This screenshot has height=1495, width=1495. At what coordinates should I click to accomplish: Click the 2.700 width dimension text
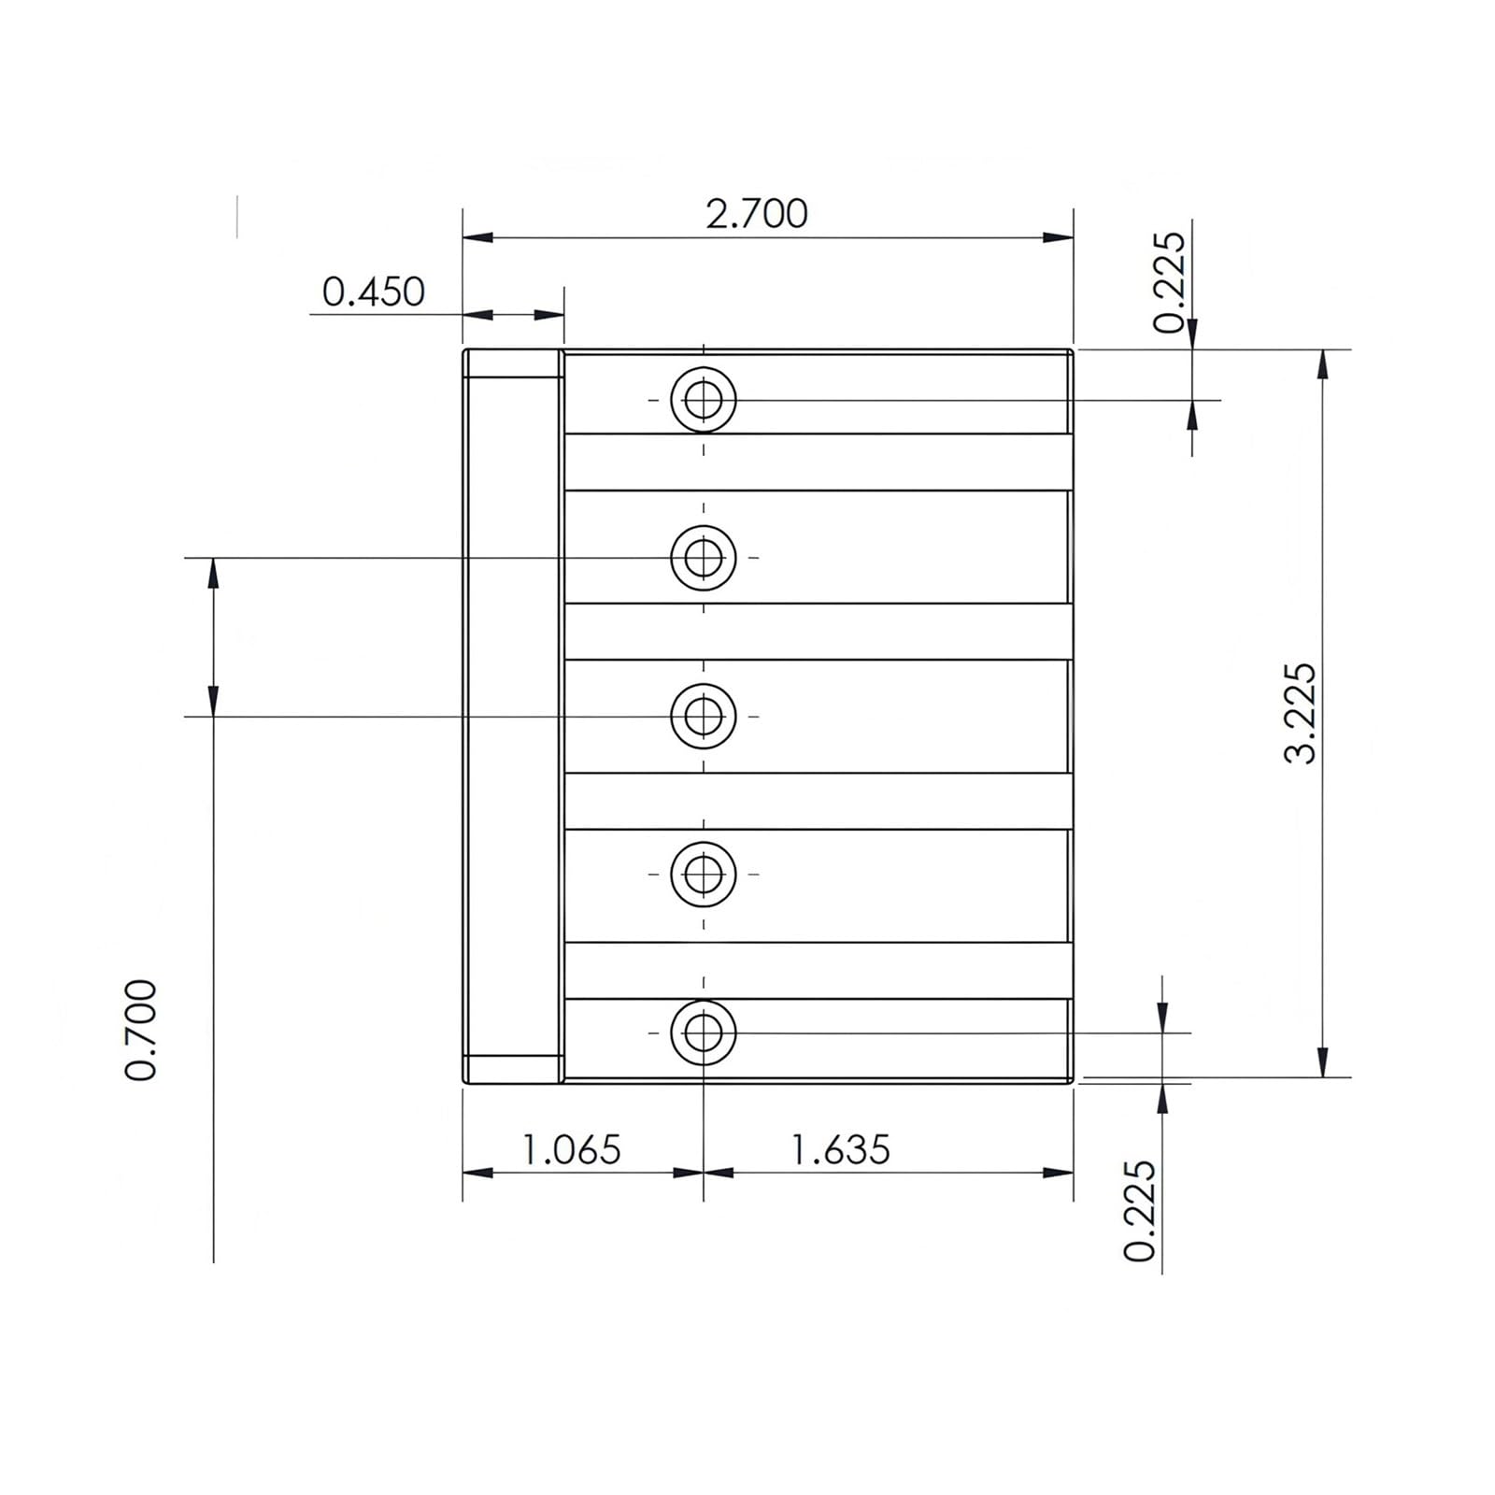[x=756, y=214]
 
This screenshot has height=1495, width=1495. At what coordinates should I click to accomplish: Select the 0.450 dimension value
[x=373, y=292]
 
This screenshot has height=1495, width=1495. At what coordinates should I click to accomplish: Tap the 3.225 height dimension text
[x=1300, y=713]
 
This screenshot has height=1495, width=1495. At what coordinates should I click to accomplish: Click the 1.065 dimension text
[x=570, y=1149]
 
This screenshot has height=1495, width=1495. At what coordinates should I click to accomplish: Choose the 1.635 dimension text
[x=841, y=1149]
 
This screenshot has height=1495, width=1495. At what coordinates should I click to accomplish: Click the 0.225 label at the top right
[x=1169, y=282]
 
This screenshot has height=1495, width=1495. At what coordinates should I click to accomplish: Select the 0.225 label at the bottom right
[x=1140, y=1211]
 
